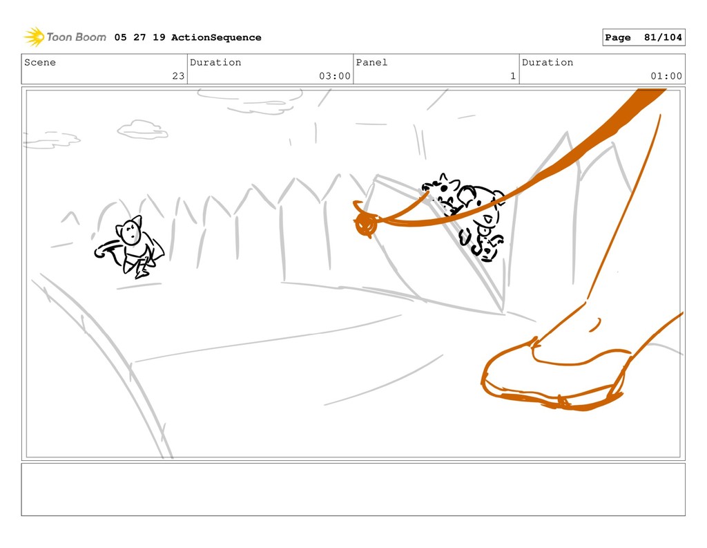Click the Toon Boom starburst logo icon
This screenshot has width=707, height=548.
pos(34,37)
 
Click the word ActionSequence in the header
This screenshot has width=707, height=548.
pos(216,37)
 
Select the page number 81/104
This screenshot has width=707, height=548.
pos(663,37)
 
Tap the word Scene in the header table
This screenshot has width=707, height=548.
pos(40,62)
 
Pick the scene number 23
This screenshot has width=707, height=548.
pos(178,76)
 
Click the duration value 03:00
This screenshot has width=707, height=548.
pos(335,76)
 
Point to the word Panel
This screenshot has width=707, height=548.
pos(371,62)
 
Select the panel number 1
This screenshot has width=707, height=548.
pos(513,76)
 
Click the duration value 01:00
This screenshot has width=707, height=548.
pos(666,76)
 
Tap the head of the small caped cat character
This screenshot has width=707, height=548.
pos(130,230)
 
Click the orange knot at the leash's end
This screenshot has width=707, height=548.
pos(366,223)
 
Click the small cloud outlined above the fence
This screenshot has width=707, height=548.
pos(142,129)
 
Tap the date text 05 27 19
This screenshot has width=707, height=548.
pos(139,37)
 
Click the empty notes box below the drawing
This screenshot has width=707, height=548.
pos(353,489)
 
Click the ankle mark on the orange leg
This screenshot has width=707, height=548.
pos(595,325)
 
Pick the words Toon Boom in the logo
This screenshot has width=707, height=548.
pos(76,37)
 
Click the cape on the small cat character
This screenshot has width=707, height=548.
pos(155,251)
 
